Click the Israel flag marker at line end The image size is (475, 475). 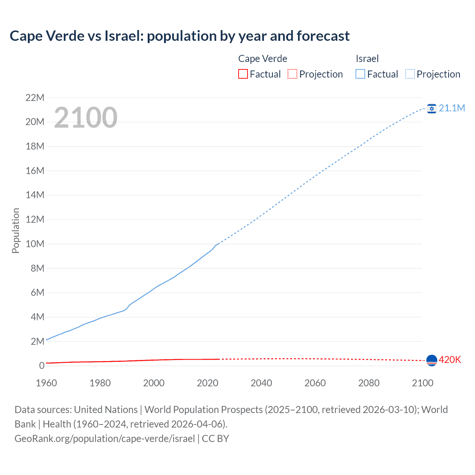pyautogui.click(x=431, y=108)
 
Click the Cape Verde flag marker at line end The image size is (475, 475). pyautogui.click(x=432, y=360)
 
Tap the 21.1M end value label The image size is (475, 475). pyautogui.click(x=452, y=108)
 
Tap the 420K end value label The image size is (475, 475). pyautogui.click(x=450, y=360)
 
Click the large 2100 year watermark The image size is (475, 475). pyautogui.click(x=86, y=118)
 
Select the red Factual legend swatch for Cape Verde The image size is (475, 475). pyautogui.click(x=243, y=74)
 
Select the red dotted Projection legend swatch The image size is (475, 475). pyautogui.click(x=292, y=74)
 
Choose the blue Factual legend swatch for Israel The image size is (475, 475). pyautogui.click(x=360, y=74)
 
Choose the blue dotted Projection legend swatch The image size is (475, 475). pyautogui.click(x=410, y=74)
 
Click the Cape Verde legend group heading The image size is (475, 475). pyautogui.click(x=262, y=59)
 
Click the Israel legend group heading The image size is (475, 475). pyautogui.click(x=367, y=59)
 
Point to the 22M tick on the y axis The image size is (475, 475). pyautogui.click(x=35, y=98)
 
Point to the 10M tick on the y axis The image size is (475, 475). pyautogui.click(x=35, y=244)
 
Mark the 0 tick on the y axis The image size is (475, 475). pyautogui.click(x=42, y=366)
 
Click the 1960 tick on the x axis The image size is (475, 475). pyautogui.click(x=46, y=383)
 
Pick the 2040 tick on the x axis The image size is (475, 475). pyautogui.click(x=261, y=383)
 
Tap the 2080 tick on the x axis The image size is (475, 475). pyautogui.click(x=369, y=383)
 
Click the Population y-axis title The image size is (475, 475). pyautogui.click(x=16, y=230)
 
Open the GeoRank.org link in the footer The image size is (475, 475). pyautogui.click(x=105, y=439)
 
